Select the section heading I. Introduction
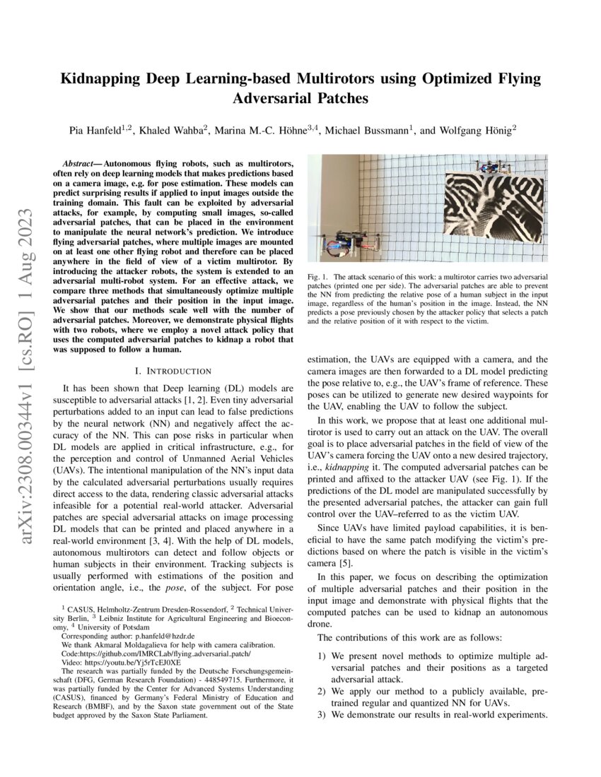[x=173, y=371]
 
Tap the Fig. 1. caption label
[x=317, y=276]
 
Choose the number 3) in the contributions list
[x=322, y=714]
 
